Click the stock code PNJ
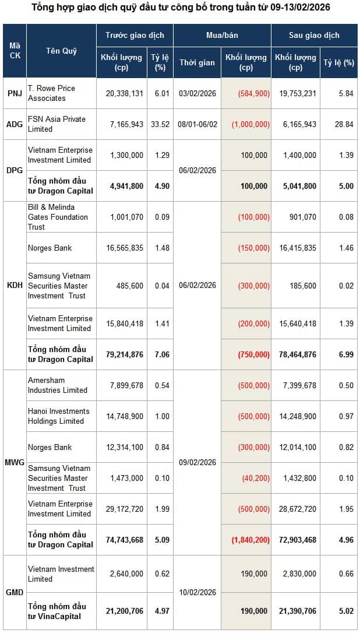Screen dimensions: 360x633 15,93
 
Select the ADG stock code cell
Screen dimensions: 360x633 15,124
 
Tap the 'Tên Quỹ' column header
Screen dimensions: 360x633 61,51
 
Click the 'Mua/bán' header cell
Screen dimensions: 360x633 222,35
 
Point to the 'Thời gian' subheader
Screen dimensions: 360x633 197,62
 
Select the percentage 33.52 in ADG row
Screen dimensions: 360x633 160,124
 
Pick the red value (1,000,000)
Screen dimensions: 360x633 250,124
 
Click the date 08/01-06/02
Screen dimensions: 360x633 197,124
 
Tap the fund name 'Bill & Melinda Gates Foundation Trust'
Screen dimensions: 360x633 58,217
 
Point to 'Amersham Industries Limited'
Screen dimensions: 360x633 58,385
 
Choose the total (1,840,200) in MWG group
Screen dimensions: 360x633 250,540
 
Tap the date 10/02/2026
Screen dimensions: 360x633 197,593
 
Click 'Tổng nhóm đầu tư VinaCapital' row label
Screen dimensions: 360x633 57,611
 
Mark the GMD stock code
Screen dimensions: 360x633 15,593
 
